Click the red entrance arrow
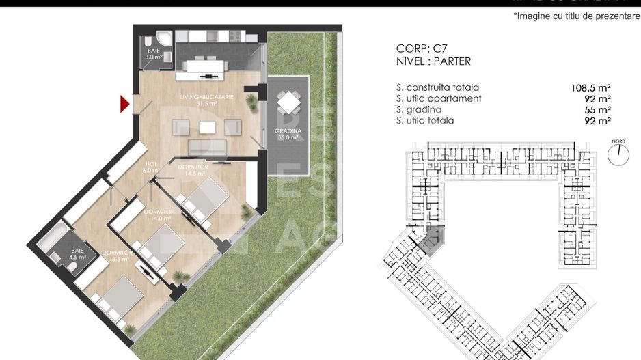pos(125,104)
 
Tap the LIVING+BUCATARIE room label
pos(206,100)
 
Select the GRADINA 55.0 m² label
pos(288,134)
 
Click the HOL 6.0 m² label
pos(151,167)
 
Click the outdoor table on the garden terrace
pos(288,103)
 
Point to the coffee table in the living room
pos(206,126)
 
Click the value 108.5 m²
pos(590,88)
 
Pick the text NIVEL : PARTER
pos(433,61)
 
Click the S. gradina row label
pos(418,110)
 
